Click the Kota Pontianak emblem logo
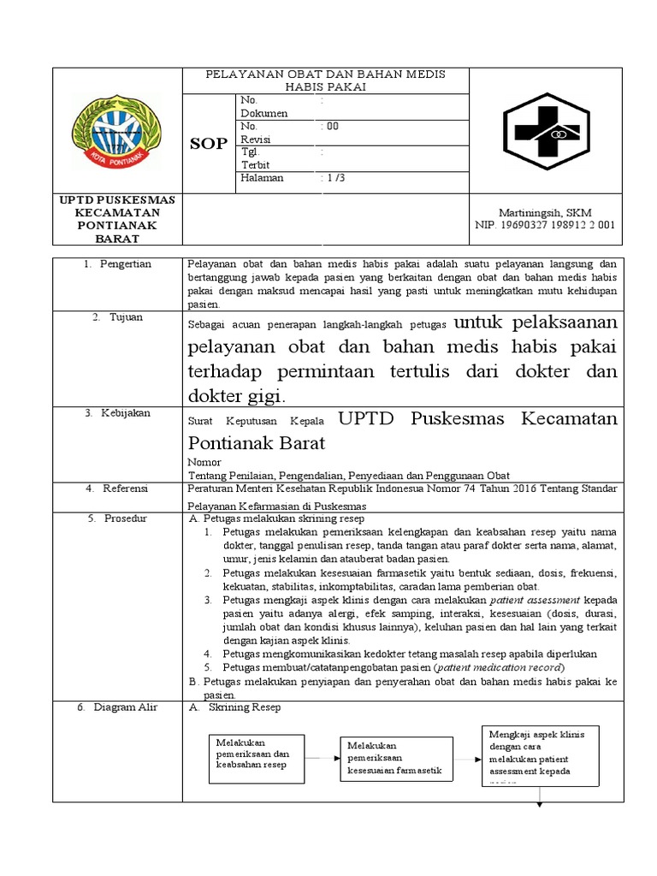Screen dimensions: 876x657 [x=118, y=131]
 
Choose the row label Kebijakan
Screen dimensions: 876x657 [x=128, y=412]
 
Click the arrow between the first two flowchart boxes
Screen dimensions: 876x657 [x=323, y=757]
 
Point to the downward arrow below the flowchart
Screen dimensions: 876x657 [x=541, y=796]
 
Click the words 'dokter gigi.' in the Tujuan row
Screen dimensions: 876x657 [x=238, y=395]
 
